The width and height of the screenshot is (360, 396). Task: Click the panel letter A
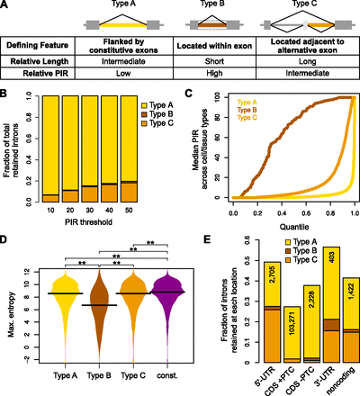(x=6, y=6)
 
